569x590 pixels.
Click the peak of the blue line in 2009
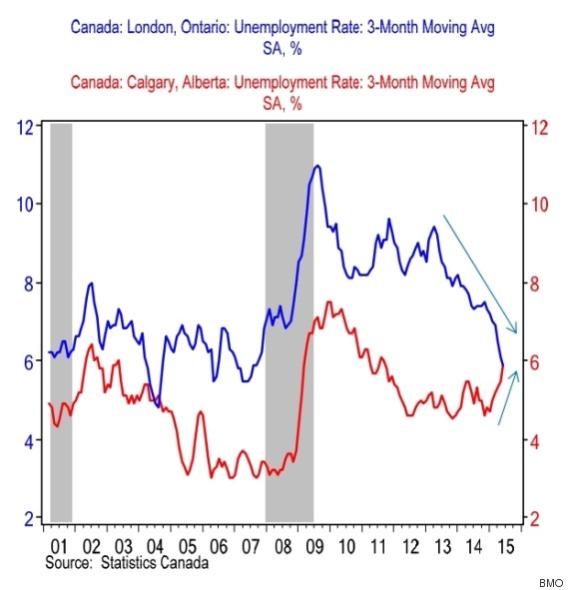[317, 166]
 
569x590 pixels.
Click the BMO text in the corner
[549, 581]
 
